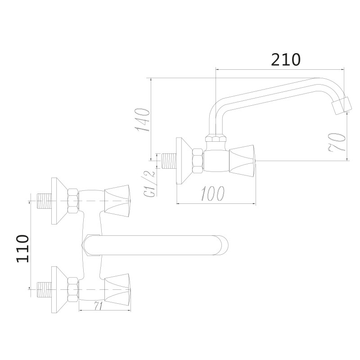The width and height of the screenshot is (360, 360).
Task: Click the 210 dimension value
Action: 285,59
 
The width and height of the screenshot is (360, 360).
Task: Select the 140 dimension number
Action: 142,120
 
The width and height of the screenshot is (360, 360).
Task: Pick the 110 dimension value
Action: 22,248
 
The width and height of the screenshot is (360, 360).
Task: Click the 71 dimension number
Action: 99,306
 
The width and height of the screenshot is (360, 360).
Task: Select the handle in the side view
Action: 243,161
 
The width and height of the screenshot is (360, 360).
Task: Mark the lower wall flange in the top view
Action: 58,289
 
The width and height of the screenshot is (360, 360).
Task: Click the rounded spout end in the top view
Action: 223,246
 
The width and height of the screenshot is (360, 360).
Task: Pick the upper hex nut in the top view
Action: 72,201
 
